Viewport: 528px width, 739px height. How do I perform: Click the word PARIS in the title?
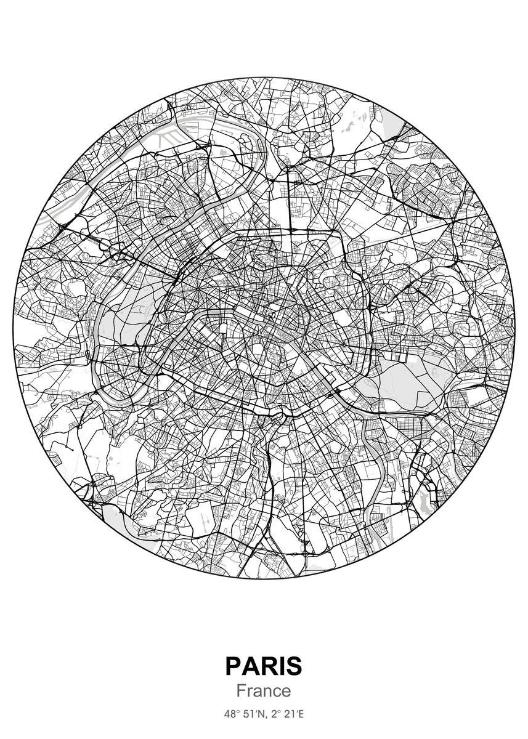coord(264,666)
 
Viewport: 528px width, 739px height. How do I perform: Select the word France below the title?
coord(264,691)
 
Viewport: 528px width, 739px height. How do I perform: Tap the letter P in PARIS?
coord(234,666)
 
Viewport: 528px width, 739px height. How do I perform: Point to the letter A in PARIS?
coord(253,666)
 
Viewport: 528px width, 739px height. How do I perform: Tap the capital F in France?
coord(242,691)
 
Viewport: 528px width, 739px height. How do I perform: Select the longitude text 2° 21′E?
coord(286,715)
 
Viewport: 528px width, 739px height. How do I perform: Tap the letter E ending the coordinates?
coord(301,715)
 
